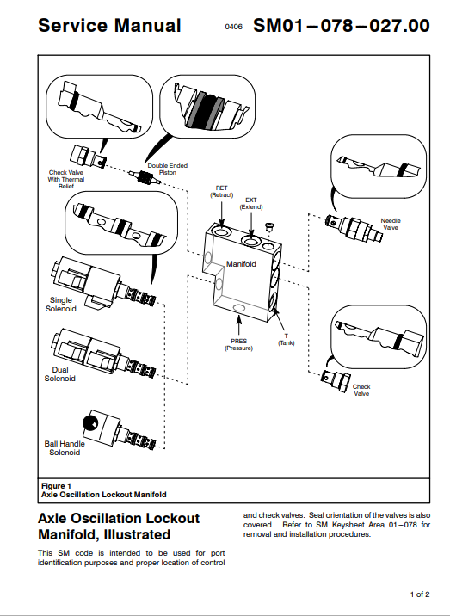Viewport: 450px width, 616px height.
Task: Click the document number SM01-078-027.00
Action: [341, 26]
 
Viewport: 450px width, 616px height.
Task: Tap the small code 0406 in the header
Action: [233, 27]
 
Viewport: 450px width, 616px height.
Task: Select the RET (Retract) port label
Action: [222, 191]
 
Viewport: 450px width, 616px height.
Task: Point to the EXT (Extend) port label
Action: [251, 204]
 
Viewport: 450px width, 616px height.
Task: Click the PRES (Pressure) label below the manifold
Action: [238, 344]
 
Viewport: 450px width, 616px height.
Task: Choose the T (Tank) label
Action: [287, 340]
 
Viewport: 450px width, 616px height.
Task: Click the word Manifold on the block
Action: [241, 264]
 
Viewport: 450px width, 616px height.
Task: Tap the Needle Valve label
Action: [391, 224]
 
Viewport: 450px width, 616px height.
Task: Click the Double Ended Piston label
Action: [168, 169]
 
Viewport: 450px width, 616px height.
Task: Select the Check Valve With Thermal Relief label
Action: [66, 179]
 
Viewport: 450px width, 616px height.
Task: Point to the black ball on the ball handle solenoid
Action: [90, 423]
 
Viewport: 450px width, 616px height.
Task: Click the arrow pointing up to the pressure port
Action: [238, 325]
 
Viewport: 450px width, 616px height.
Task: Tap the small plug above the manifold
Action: [269, 226]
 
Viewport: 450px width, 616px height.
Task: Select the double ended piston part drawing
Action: [145, 176]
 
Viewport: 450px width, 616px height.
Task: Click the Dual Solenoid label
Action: [59, 374]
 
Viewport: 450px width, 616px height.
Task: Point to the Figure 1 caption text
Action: [104, 490]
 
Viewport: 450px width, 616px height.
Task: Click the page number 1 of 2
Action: [420, 594]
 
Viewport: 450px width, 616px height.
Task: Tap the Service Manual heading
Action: [109, 26]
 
